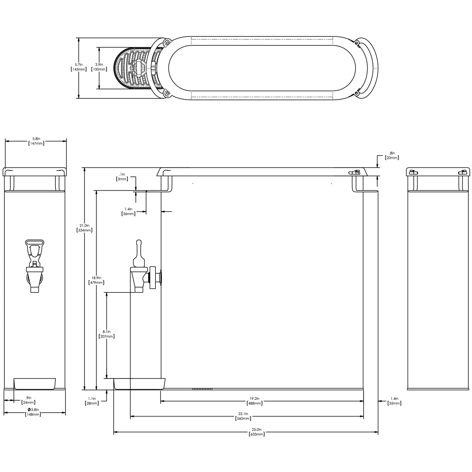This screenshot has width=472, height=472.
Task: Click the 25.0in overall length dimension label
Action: (256, 432)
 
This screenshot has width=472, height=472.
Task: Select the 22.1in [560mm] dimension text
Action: (243, 416)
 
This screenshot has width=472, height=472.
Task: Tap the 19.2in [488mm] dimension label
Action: (255, 401)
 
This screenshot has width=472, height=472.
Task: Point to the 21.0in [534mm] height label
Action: (84, 228)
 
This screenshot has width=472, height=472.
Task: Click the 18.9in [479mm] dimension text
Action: (96, 280)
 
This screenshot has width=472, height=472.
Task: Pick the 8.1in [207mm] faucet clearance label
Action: (107, 334)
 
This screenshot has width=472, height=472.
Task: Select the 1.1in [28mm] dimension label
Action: (92, 401)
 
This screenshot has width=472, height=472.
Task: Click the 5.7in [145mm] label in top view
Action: (79, 67)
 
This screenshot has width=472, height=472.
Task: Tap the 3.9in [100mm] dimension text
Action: (99, 67)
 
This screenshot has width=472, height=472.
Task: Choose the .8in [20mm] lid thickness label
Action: (392, 155)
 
